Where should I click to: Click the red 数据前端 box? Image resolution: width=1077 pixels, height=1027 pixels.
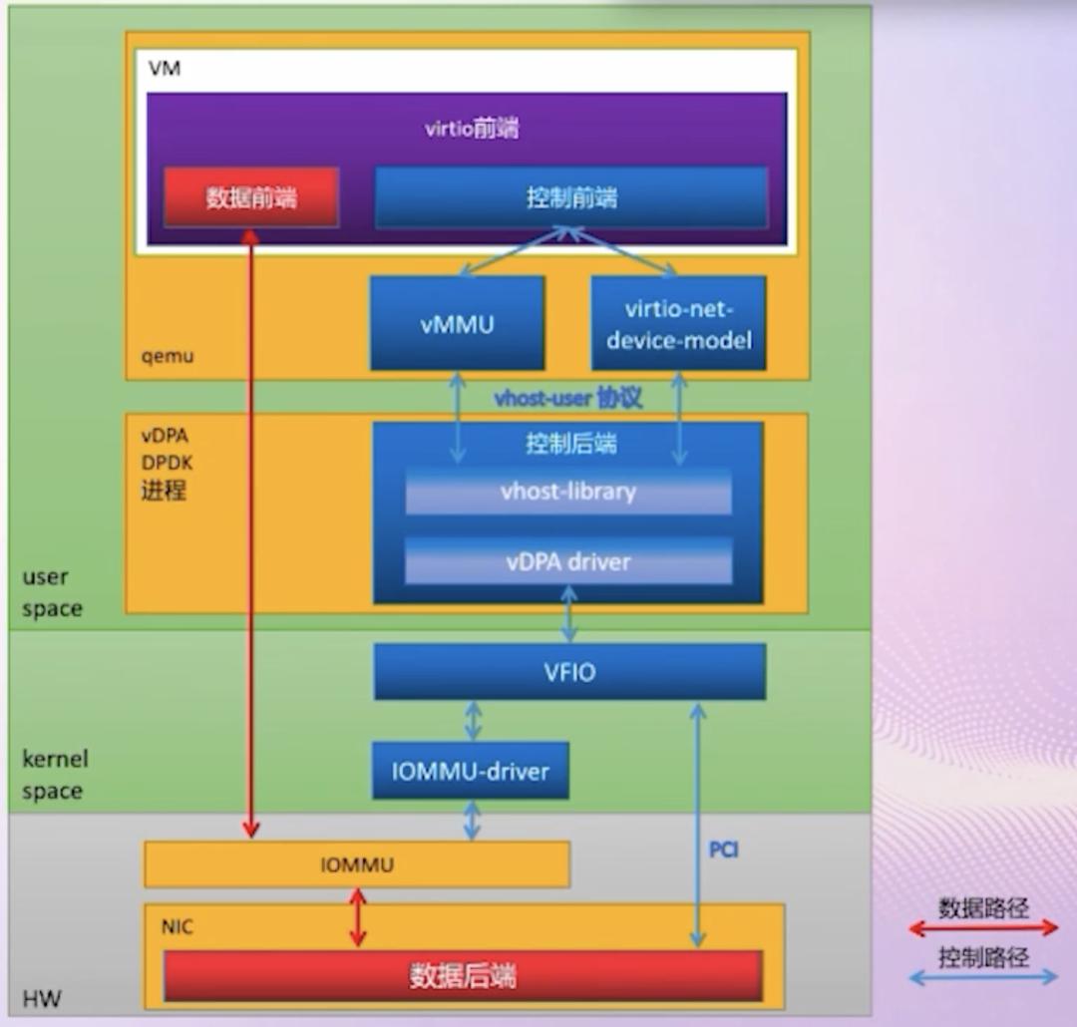coord(251,197)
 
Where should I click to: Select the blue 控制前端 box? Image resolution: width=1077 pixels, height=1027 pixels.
coord(570,197)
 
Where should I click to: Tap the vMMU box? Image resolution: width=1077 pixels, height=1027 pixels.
coord(457,323)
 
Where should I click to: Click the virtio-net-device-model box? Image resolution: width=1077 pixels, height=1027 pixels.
coord(678,323)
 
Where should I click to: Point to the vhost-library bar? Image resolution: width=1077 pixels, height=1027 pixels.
coord(567,492)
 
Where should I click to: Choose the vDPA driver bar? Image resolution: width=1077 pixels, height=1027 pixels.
coord(567,561)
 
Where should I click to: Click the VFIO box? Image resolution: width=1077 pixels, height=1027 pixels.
coord(569,672)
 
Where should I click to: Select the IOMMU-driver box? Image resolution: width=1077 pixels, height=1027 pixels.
coord(471,770)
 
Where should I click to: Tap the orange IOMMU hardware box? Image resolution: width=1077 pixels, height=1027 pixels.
coord(357,864)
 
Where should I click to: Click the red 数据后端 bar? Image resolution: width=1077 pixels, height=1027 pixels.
coord(463,975)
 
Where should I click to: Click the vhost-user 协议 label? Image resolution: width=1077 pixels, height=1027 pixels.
coord(568,399)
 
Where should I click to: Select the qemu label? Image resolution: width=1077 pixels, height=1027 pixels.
coord(169,355)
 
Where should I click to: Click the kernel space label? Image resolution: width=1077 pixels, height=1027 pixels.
coord(55,775)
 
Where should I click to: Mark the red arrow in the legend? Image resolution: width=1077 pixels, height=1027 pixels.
coord(983,928)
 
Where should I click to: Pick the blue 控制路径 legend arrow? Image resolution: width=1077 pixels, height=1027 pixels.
coord(983,977)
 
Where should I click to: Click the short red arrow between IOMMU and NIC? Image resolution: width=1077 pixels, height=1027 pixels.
coord(357,918)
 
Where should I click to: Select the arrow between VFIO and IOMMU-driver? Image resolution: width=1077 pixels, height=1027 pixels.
coord(473,720)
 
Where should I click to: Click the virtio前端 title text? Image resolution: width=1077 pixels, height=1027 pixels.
coord(471,129)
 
